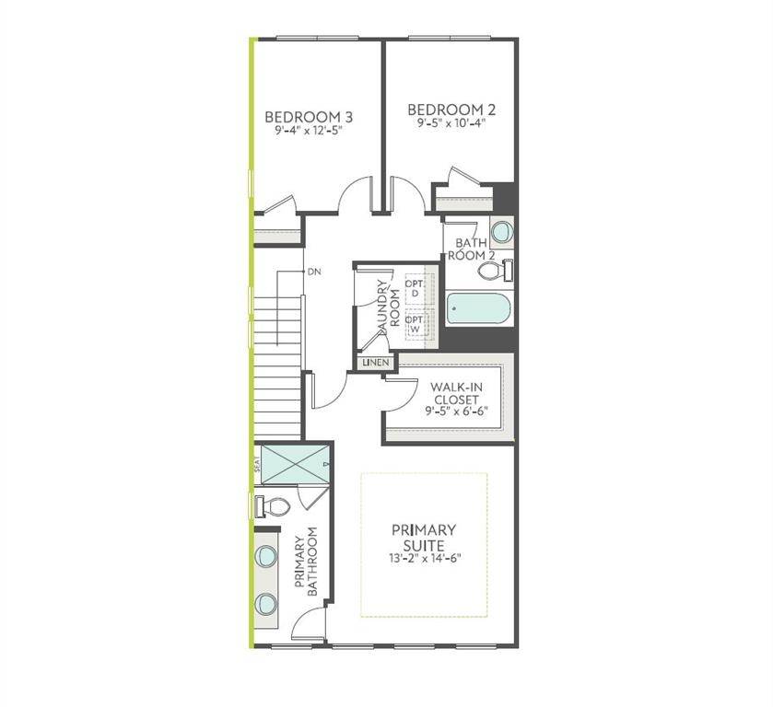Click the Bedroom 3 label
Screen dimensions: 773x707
[309, 117]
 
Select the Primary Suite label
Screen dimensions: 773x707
[424, 538]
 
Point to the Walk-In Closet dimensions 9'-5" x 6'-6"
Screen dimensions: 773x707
[456, 411]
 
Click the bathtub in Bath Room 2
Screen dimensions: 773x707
[478, 308]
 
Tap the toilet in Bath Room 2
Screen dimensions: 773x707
[496, 271]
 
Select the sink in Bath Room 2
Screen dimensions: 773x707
[502, 232]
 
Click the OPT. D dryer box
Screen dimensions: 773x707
[418, 289]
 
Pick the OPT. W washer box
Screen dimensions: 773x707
[418, 323]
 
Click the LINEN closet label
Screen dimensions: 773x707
[376, 363]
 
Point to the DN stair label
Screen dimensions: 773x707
[314, 272]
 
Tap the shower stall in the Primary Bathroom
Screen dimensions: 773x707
[295, 465]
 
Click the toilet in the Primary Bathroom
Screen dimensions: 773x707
[271, 506]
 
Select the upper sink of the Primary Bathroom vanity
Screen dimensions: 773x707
[265, 555]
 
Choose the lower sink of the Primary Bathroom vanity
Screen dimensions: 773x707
[265, 602]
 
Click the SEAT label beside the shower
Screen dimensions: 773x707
[256, 465]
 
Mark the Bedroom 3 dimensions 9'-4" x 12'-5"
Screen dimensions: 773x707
[309, 131]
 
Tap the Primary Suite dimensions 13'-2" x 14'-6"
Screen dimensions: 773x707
[425, 558]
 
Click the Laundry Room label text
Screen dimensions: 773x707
[388, 309]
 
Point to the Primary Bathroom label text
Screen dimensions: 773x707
[306, 562]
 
